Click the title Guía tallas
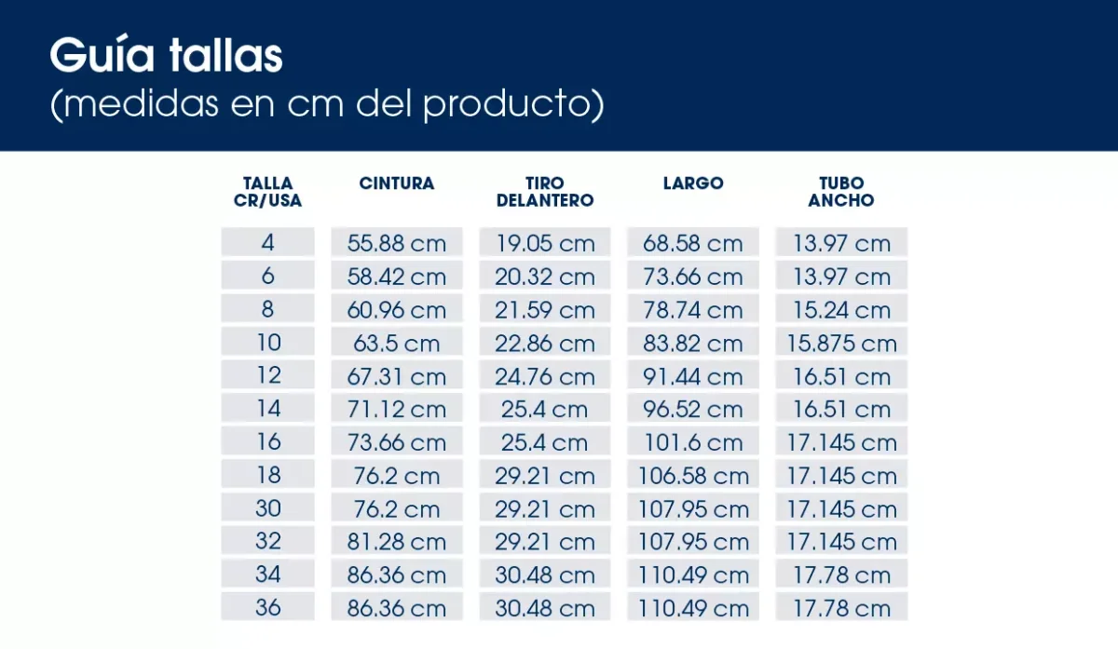pos(166,57)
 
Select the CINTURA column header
pos(397,183)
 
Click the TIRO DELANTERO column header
pos(545,192)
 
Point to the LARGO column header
pos(693,183)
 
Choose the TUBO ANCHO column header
pos(841,192)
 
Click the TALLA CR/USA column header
pos(268,192)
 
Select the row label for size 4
pos(268,243)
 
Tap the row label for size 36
pos(268,608)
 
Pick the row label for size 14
pos(268,409)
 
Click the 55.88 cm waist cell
pos(397,244)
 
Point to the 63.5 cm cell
pos(397,344)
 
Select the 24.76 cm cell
pos(545,377)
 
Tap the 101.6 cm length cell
pos(693,443)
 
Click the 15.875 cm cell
pos(841,344)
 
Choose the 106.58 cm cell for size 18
pos(693,477)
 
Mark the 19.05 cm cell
pos(545,244)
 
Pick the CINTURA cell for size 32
pos(397,543)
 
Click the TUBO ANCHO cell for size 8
pos(841,310)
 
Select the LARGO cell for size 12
pos(693,377)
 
